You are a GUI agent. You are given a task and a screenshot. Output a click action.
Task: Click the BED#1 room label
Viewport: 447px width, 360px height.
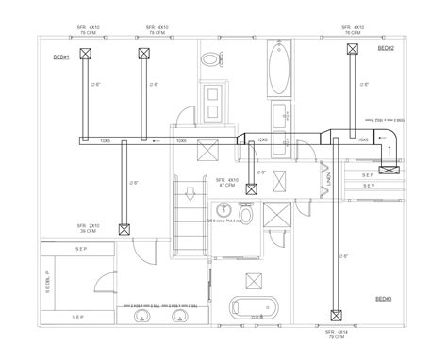pos(62,57)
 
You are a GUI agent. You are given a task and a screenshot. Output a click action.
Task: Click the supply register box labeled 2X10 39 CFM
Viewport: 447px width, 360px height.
pos(124,228)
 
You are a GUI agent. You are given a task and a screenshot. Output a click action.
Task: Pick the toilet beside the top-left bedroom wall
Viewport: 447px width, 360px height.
pos(209,59)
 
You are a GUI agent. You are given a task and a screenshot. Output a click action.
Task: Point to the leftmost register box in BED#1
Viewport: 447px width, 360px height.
pos(83,55)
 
